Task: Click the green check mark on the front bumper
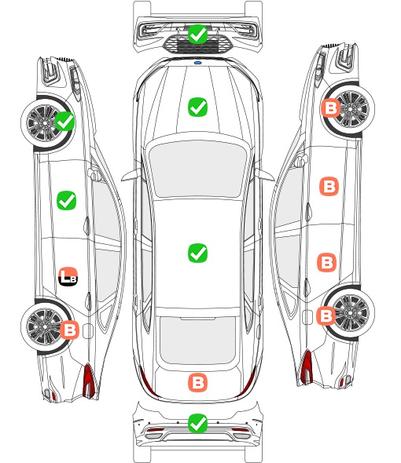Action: click(197, 35)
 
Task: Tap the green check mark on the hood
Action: click(197, 107)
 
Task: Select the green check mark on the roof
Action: click(197, 253)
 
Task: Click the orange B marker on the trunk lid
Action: click(197, 383)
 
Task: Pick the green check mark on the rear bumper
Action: click(197, 424)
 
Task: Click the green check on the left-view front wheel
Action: click(64, 121)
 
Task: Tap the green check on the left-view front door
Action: click(66, 200)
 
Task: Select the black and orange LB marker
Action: click(68, 277)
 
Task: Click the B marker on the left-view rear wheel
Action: click(69, 330)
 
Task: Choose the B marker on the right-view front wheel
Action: click(330, 108)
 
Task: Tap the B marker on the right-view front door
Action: click(329, 186)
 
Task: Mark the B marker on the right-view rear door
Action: click(327, 262)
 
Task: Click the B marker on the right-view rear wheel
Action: click(326, 316)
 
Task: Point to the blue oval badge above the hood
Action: click(197, 63)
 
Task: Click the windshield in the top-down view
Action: click(197, 169)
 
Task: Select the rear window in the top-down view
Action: click(197, 340)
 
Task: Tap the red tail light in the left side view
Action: click(89, 381)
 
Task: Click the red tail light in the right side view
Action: click(307, 366)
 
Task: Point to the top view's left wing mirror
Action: click(131, 175)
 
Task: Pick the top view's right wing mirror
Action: click(264, 174)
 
